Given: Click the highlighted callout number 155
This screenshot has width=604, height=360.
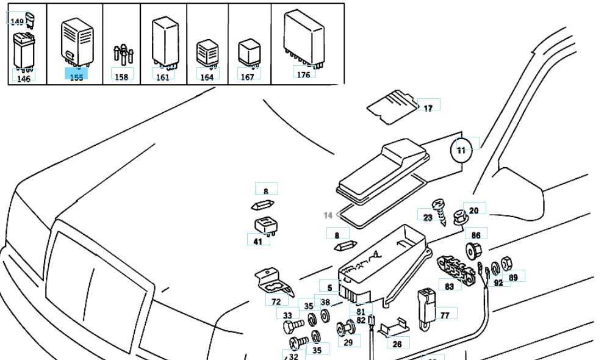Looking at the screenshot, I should coord(76,77).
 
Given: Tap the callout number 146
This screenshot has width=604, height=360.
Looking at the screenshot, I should coord(23,79).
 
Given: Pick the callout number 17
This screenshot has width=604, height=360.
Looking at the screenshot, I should coord(428,108).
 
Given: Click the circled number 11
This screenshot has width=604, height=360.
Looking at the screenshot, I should coord(461,149).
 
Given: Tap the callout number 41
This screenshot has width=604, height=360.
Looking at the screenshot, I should coord(257,242).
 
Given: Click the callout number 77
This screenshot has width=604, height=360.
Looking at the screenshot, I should coord(445,315).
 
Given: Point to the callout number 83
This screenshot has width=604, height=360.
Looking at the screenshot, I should coord(449,286).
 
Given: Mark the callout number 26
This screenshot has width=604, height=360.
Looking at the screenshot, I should coord(397,344).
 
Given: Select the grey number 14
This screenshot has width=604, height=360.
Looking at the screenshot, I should coord(328,215).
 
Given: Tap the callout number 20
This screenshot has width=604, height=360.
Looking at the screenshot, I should coord(474,210).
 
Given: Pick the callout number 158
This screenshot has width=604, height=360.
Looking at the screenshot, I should coord(122,77).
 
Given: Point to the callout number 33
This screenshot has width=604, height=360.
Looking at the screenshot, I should coord(287,315).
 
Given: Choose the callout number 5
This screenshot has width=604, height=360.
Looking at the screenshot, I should coord(329,287).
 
